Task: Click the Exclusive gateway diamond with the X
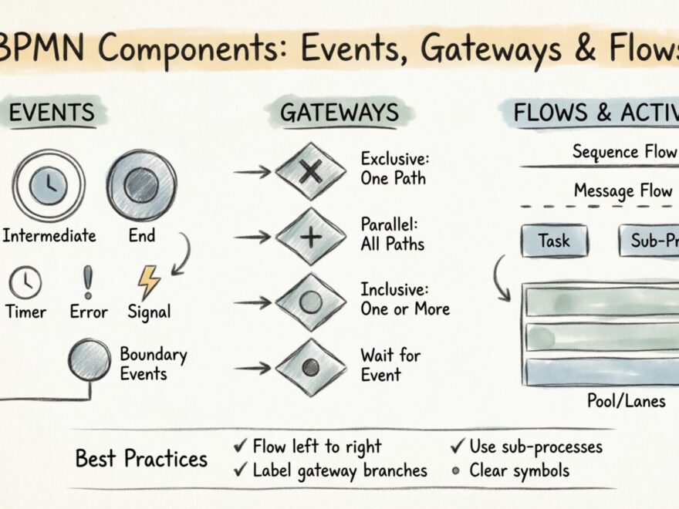310,172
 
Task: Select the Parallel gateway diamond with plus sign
310,237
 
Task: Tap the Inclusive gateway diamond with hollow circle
310,302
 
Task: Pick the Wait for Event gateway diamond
310,367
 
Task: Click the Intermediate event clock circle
49,186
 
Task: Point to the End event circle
141,185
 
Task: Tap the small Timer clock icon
25,282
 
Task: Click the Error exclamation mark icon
88,282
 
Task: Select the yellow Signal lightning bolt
149,282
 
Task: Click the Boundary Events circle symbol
90,359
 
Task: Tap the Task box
554,241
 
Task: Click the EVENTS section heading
52,113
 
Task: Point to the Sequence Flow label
623,152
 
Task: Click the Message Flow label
622,190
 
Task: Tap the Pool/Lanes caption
626,401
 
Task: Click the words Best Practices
141,459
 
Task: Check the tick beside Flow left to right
240,447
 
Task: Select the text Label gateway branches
339,470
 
